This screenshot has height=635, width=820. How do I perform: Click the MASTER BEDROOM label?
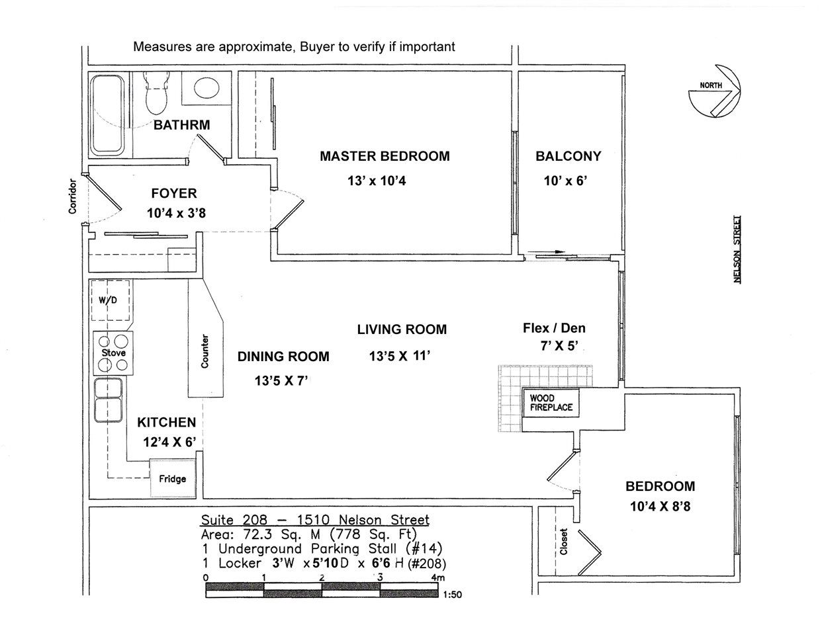[x=385, y=157]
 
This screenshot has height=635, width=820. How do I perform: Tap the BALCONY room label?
[x=569, y=157]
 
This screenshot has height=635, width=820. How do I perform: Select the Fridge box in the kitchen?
[x=173, y=478]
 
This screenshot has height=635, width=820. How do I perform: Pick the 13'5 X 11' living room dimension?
[x=400, y=356]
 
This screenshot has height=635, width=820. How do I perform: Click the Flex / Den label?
[x=554, y=328]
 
